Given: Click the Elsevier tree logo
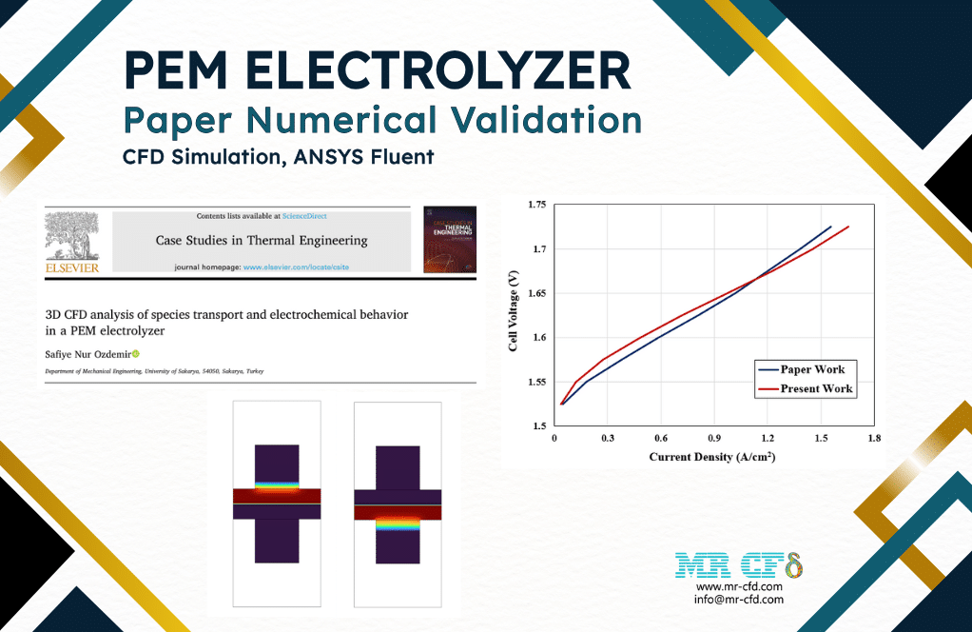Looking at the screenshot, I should [x=72, y=237].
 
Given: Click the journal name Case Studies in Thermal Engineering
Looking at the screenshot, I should [x=262, y=241].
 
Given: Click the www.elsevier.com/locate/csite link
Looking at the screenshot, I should [x=296, y=267].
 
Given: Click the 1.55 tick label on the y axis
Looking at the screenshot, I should [x=536, y=382].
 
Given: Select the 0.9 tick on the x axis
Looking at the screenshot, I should [x=714, y=439].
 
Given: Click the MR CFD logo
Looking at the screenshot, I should [x=739, y=565].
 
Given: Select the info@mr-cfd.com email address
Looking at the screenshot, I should [x=740, y=600].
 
